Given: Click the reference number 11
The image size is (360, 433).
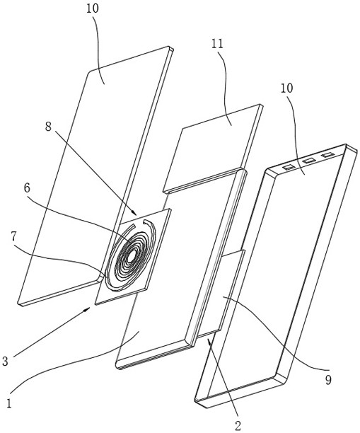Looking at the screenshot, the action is click(218, 44).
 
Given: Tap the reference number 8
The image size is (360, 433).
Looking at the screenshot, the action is click(49, 127).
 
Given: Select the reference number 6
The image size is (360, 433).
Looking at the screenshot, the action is click(27, 188).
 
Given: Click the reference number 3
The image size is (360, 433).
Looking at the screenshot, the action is click(5, 362).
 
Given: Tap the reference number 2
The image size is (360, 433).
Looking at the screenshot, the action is click(238, 425).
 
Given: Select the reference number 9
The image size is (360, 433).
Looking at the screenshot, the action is click(327, 380).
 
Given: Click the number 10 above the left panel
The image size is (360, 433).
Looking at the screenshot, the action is click(92, 8).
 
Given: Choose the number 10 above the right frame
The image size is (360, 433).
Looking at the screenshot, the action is click(287, 88).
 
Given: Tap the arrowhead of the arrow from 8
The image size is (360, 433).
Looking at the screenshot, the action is click(134, 213).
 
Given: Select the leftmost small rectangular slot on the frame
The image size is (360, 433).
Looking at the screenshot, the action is click(289, 166).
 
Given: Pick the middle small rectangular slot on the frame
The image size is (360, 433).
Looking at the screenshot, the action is click(308, 161).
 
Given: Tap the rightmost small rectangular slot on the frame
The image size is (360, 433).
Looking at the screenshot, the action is click(327, 155).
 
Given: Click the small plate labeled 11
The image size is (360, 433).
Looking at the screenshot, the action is click(213, 149).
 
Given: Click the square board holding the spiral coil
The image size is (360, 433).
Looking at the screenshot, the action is click(133, 256).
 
